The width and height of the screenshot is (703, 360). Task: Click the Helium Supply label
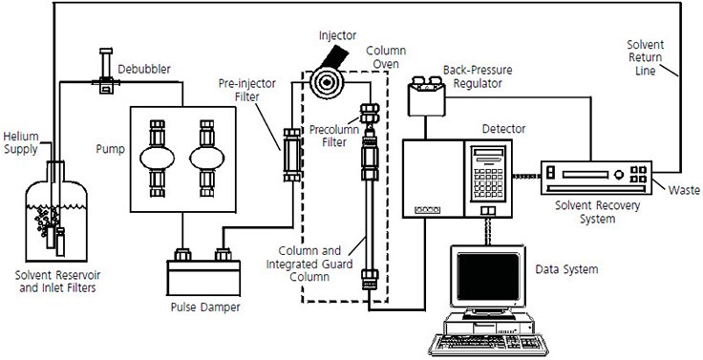22,142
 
